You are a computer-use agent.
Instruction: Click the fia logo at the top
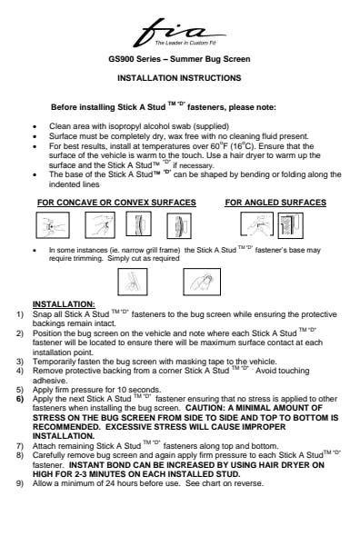(179, 33)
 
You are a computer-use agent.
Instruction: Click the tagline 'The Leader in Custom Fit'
(185, 43)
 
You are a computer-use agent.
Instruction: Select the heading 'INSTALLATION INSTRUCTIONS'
(179, 78)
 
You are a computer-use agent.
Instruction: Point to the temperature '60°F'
(218, 146)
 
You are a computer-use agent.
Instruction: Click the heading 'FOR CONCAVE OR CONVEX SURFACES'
(116, 203)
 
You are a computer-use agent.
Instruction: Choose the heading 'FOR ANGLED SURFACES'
(275, 203)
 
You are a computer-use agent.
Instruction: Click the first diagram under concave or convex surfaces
(53, 225)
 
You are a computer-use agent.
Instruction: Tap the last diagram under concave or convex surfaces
(179, 225)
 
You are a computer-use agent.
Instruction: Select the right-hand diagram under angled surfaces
(291, 225)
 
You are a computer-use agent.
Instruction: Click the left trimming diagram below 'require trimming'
(133, 282)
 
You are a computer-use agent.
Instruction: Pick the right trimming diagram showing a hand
(202, 282)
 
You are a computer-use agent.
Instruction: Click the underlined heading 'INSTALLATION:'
(64, 304)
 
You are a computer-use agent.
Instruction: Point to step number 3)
(20, 362)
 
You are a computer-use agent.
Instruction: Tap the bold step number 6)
(20, 399)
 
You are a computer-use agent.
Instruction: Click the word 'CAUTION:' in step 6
(205, 408)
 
